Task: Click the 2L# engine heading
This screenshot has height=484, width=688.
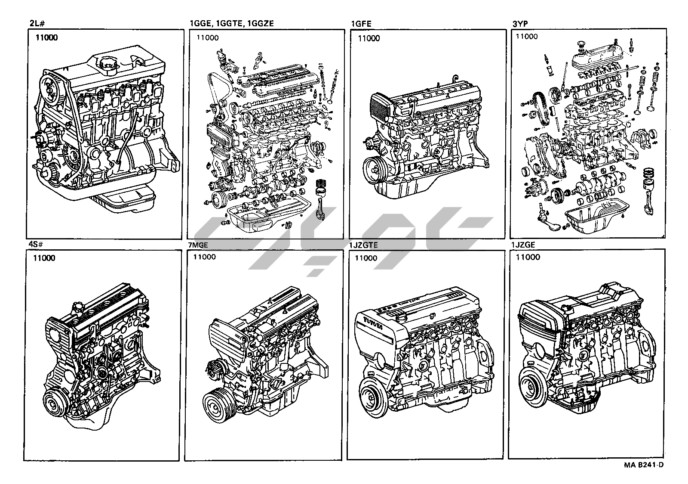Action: tap(38, 23)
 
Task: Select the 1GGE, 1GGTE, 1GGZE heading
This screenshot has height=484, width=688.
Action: tap(232, 23)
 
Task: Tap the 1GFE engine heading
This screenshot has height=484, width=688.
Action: tap(361, 24)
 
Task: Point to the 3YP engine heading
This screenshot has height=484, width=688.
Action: tap(520, 24)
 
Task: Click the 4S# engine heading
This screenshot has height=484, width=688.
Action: tap(36, 245)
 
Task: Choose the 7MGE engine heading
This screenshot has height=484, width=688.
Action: tap(198, 245)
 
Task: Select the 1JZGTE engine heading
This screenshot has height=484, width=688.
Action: tap(363, 245)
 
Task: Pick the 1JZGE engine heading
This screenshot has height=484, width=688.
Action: tap(523, 245)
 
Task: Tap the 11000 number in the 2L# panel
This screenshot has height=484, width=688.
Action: tap(47, 37)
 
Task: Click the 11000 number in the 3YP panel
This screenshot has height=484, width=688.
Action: tap(527, 36)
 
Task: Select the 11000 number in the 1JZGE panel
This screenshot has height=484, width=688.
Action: tap(528, 257)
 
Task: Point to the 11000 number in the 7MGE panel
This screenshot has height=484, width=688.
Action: tap(204, 257)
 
